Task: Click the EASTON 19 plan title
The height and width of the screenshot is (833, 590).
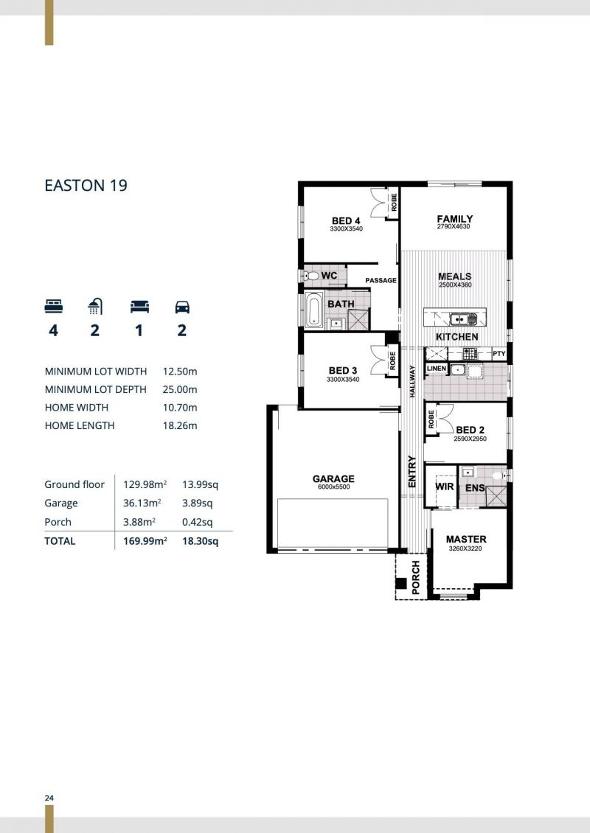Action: click(86, 186)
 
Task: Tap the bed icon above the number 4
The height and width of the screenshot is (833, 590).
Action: click(54, 306)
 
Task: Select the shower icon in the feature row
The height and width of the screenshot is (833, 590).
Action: click(95, 306)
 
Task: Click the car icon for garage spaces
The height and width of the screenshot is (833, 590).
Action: click(181, 307)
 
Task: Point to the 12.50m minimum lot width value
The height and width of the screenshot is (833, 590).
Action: click(180, 372)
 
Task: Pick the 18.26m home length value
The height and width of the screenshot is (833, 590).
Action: click(180, 425)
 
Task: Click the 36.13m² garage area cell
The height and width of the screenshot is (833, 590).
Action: click(142, 503)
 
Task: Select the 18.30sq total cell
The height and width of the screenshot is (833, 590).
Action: click(200, 541)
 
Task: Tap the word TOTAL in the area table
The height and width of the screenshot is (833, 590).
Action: click(60, 541)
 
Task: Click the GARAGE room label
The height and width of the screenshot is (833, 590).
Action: click(333, 478)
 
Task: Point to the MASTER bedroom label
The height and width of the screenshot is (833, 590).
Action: click(466, 539)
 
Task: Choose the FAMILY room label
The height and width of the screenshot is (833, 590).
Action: click(454, 218)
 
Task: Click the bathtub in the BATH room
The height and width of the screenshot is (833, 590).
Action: click(313, 310)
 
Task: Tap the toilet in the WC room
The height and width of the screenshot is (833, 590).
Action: click(311, 276)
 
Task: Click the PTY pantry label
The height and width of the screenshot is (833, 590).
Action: click(499, 353)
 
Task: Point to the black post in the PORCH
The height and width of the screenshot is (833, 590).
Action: click(401, 583)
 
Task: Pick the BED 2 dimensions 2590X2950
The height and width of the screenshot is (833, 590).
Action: click(470, 439)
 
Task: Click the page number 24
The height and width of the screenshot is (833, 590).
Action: click(49, 798)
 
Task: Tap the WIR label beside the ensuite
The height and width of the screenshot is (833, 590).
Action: click(445, 486)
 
